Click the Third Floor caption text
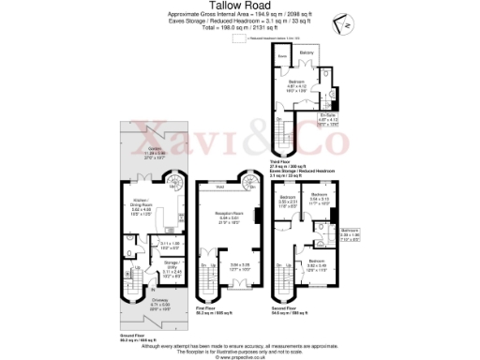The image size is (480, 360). tap(280, 136)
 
